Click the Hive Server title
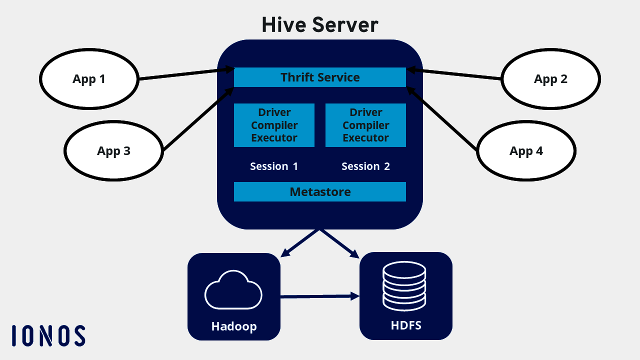(320, 24)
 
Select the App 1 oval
(88, 79)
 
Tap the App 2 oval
(550, 79)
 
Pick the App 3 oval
(113, 151)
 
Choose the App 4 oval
(526, 151)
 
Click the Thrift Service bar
(320, 77)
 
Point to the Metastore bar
(320, 191)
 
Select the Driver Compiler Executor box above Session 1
(274, 125)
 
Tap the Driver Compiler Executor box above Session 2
(365, 125)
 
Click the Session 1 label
(274, 166)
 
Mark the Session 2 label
(365, 166)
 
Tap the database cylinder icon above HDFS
(404, 286)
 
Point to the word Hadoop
(233, 326)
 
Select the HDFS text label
(406, 325)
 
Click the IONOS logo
(48, 335)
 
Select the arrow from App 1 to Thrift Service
(185, 73)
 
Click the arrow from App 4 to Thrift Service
(442, 119)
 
